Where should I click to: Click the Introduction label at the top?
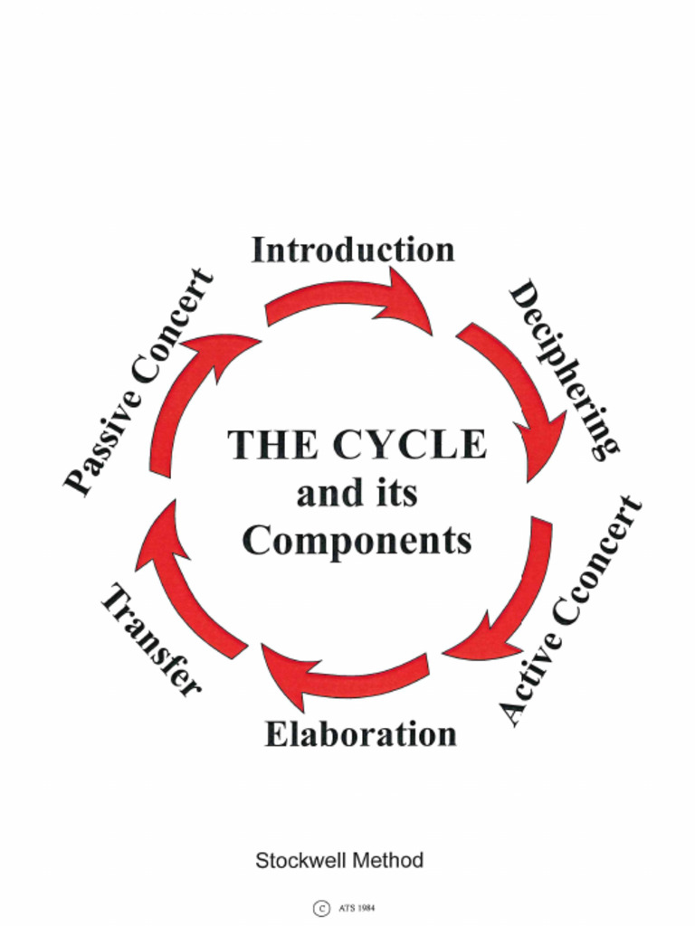353,250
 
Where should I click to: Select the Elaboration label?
360,733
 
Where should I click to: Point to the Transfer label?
150,641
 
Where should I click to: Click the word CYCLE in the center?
409,445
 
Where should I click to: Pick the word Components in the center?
357,541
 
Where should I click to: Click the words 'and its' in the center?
357,494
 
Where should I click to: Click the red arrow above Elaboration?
343,679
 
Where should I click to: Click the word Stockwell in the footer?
299,860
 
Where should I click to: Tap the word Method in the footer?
387,860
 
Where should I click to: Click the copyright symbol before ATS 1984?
320,908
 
